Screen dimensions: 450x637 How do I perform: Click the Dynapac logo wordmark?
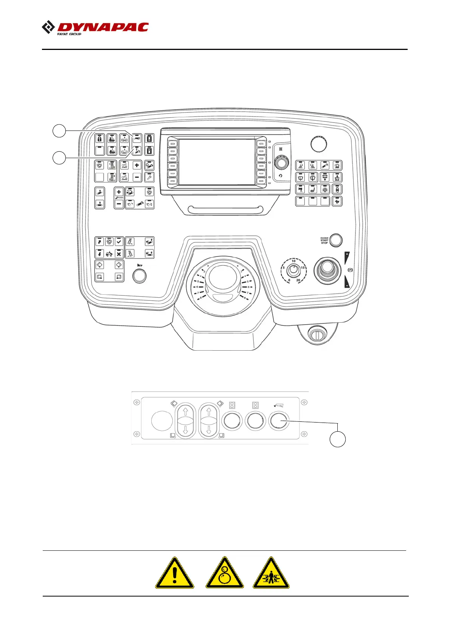[102, 27]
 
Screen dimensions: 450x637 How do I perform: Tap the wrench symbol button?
[149, 177]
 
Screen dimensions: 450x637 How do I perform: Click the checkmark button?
[119, 242]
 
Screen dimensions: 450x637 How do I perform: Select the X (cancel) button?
[119, 254]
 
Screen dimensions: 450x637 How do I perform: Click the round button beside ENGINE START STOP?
[336, 240]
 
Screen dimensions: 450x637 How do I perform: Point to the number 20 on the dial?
[298, 280]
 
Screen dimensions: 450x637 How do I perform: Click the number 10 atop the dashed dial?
[293, 261]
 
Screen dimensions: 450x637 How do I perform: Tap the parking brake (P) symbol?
[350, 270]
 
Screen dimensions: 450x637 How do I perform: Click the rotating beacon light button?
[337, 165]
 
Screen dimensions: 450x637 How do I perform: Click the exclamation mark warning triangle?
[174, 573]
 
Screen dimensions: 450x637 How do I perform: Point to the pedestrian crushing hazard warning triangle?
[271, 573]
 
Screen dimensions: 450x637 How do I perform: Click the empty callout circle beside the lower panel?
[337, 439]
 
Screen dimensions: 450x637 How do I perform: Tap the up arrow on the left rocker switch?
[185, 411]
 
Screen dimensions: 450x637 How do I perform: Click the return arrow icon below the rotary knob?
[281, 176]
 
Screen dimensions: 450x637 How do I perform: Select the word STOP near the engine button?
[324, 243]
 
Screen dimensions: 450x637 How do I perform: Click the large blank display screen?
[217, 162]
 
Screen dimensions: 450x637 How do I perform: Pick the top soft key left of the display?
[172, 144]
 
